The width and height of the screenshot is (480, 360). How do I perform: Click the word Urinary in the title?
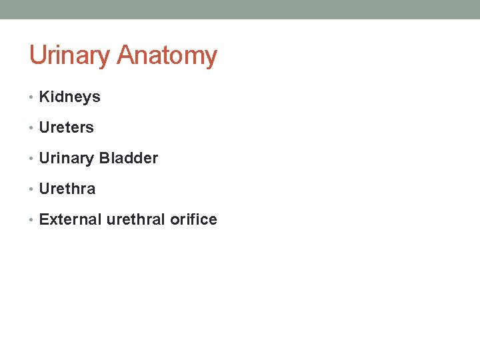(x=71, y=56)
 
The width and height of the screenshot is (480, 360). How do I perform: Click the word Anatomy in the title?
(x=167, y=56)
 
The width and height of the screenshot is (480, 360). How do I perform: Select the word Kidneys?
(x=69, y=97)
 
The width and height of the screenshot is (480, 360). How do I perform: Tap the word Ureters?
(x=66, y=128)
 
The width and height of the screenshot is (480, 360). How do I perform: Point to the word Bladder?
(x=128, y=159)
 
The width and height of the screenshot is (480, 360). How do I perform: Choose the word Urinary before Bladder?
(x=67, y=159)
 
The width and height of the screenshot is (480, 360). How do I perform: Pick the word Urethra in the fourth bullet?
(x=67, y=189)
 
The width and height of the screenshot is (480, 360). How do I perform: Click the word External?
(x=70, y=220)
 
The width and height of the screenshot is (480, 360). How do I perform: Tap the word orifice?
(x=193, y=220)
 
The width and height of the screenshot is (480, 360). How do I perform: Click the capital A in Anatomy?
(x=125, y=56)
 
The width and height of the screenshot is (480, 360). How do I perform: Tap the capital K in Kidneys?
(x=44, y=97)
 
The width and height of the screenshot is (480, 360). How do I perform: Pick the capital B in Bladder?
(x=103, y=159)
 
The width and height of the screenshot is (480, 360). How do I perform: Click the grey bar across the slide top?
(x=240, y=9)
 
